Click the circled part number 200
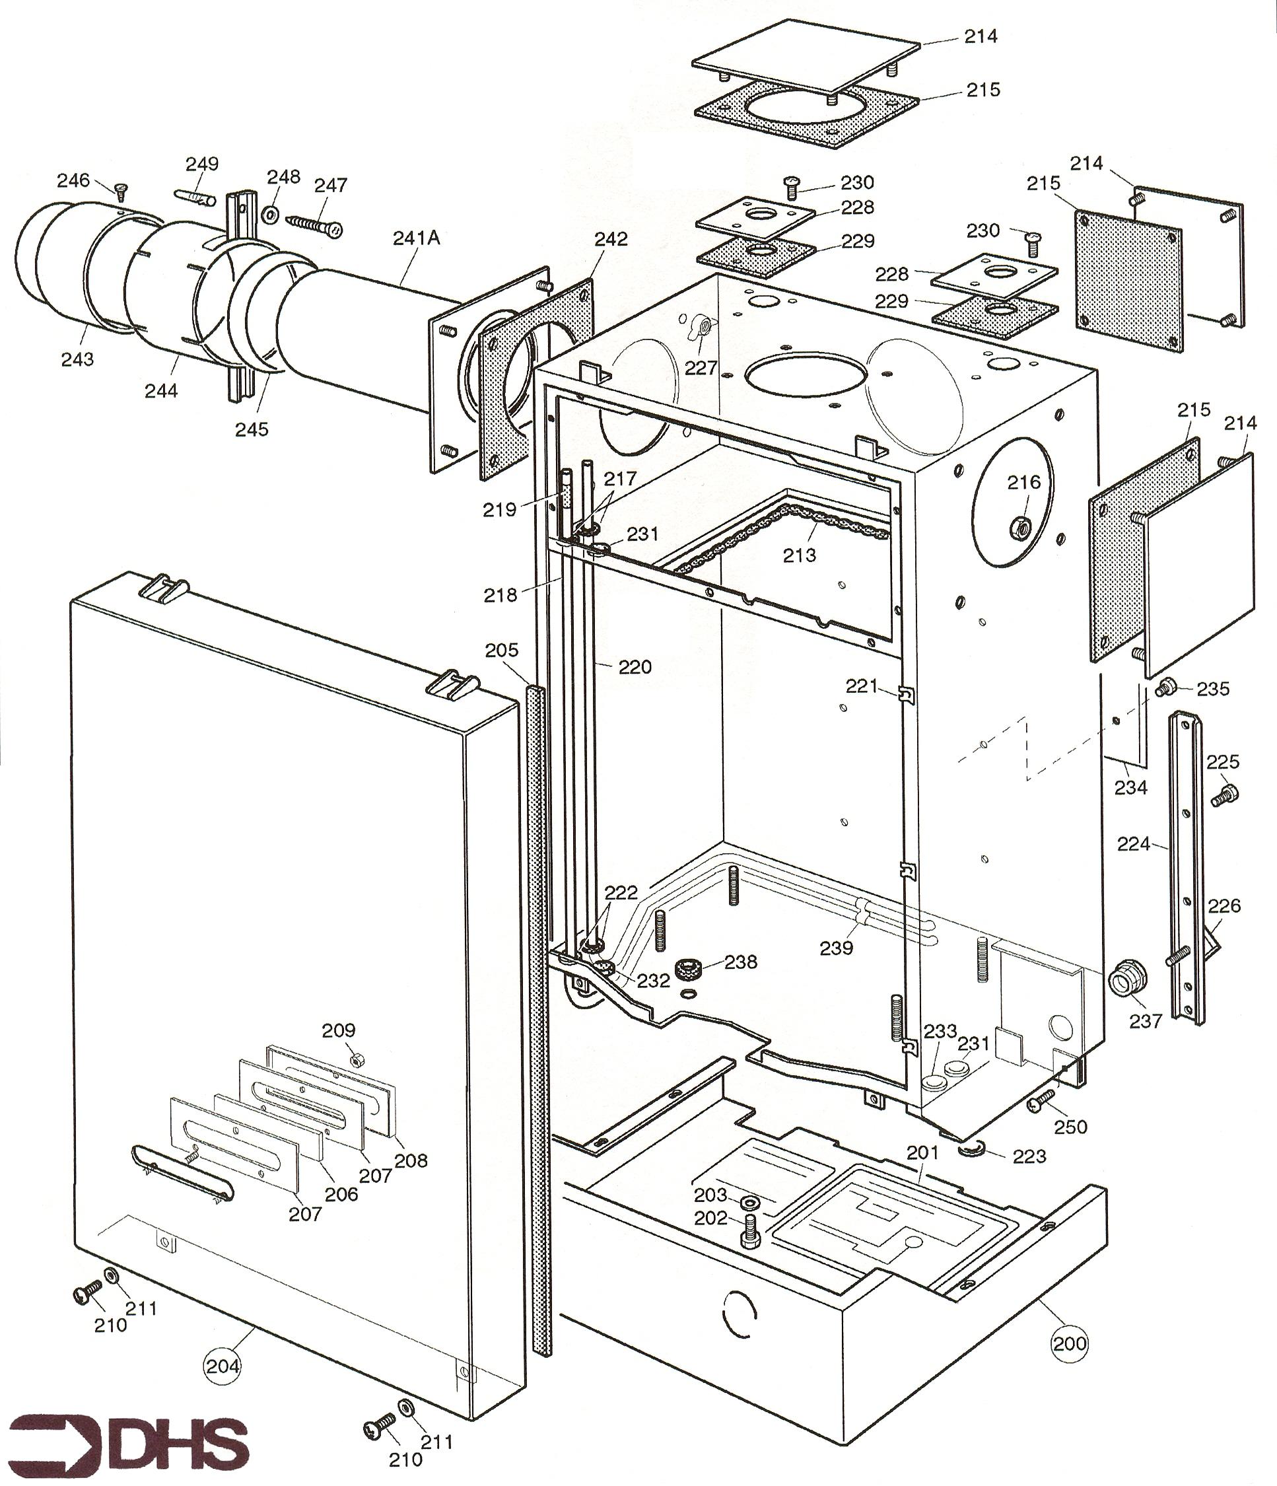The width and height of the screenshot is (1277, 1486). pos(1070,1343)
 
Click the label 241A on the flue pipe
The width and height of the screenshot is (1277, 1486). pos(416,238)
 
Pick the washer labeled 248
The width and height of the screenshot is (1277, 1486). pos(273,214)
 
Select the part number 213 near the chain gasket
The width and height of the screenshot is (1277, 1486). pos(800,554)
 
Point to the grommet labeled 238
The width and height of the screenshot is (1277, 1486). pos(689,972)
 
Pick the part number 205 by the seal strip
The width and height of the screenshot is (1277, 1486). pos(501,650)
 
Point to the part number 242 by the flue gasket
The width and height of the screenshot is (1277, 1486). pos(610,239)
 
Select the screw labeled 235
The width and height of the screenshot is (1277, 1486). pos(1166,688)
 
